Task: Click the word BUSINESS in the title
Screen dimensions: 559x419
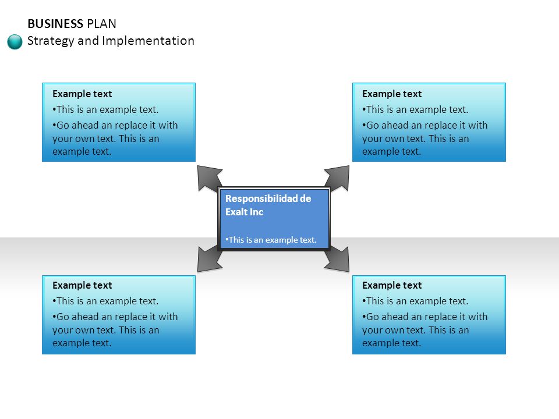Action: [x=55, y=24]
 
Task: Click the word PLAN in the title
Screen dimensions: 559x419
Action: [x=101, y=24]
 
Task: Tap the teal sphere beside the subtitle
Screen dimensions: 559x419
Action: [x=15, y=42]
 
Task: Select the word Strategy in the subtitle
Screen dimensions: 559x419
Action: [x=51, y=41]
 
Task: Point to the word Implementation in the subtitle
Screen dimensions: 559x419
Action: [x=148, y=41]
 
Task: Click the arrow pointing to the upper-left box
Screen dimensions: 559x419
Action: [x=210, y=178]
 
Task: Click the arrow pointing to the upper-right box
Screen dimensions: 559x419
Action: [x=337, y=178]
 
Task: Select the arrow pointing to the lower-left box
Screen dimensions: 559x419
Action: [x=210, y=259]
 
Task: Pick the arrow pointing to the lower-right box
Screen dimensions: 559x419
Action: [x=337, y=259]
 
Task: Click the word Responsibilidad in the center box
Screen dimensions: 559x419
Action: [x=261, y=198]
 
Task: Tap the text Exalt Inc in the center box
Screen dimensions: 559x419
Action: [x=244, y=212]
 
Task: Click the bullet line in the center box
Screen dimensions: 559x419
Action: [x=271, y=240]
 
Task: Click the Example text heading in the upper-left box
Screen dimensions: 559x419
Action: [x=82, y=94]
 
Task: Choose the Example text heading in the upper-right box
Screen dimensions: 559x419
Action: [x=392, y=94]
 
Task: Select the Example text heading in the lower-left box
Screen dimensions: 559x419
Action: [x=82, y=285]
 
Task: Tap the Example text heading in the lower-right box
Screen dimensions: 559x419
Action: [x=392, y=285]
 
